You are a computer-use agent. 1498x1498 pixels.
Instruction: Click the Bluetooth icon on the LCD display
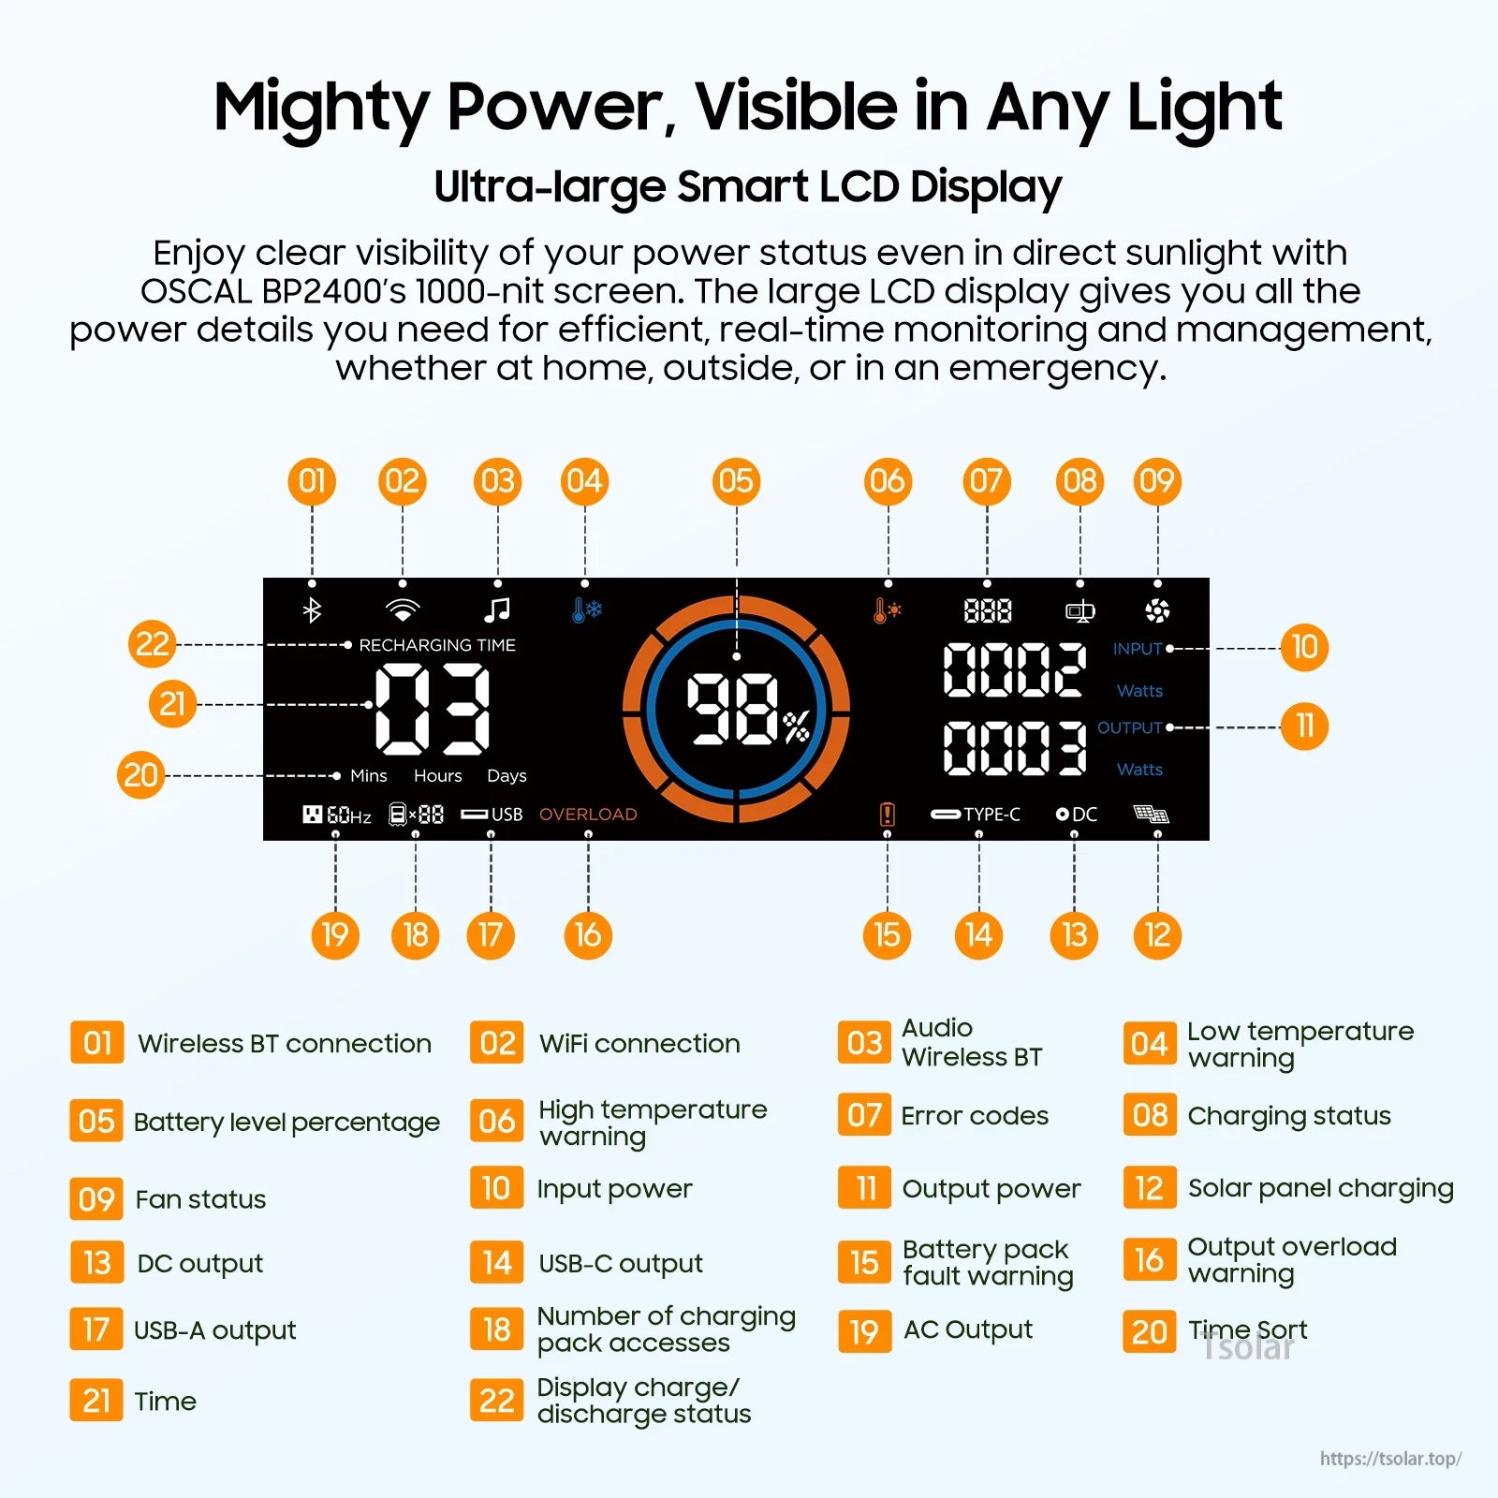point(312,610)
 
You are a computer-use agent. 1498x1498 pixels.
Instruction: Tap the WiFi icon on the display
point(403,610)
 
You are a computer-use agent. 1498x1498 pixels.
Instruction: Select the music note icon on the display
point(497,610)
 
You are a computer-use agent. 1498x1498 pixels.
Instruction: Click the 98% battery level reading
point(746,711)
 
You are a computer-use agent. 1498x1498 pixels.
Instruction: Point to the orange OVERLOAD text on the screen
point(588,815)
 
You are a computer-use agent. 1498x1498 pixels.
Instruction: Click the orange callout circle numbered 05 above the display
point(736,481)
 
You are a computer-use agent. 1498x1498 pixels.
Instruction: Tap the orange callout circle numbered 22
point(153,644)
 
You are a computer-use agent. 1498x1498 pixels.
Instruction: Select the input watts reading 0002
point(1014,670)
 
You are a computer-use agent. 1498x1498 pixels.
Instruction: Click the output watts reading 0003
point(1014,748)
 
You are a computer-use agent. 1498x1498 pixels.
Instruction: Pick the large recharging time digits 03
point(432,709)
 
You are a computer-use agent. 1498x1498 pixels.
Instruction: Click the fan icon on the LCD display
point(1157,611)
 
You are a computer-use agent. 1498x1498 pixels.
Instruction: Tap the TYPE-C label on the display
point(991,815)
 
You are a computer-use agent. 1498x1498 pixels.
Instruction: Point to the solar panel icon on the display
point(1151,814)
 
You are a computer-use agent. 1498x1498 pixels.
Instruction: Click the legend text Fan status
point(200,1199)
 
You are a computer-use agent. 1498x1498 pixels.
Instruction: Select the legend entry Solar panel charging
point(1320,1188)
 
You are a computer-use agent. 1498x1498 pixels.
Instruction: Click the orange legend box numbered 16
point(1149,1260)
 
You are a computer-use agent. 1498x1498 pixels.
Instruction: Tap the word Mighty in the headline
point(320,108)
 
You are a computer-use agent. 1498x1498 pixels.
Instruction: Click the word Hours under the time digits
point(438,776)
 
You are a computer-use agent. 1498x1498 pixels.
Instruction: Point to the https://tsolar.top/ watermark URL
point(1390,1459)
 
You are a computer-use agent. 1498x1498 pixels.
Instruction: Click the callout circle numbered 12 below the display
point(1157,934)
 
